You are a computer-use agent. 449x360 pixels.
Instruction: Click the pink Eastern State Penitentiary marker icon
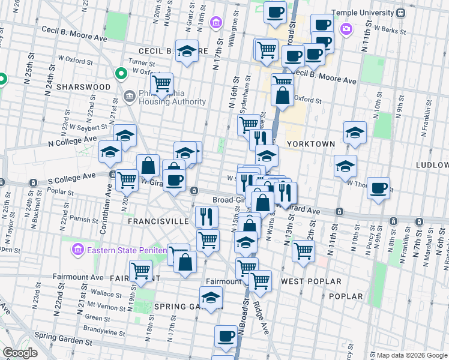pos(77,249)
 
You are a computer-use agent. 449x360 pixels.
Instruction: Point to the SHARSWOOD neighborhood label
pos(83,87)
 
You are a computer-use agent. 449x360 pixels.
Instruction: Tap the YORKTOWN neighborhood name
pos(310,145)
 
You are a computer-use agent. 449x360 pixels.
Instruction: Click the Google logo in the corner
pos(20,353)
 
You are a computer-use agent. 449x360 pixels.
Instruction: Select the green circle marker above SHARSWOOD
pos(121,74)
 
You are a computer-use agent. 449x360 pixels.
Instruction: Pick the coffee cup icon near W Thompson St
pos(378,188)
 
